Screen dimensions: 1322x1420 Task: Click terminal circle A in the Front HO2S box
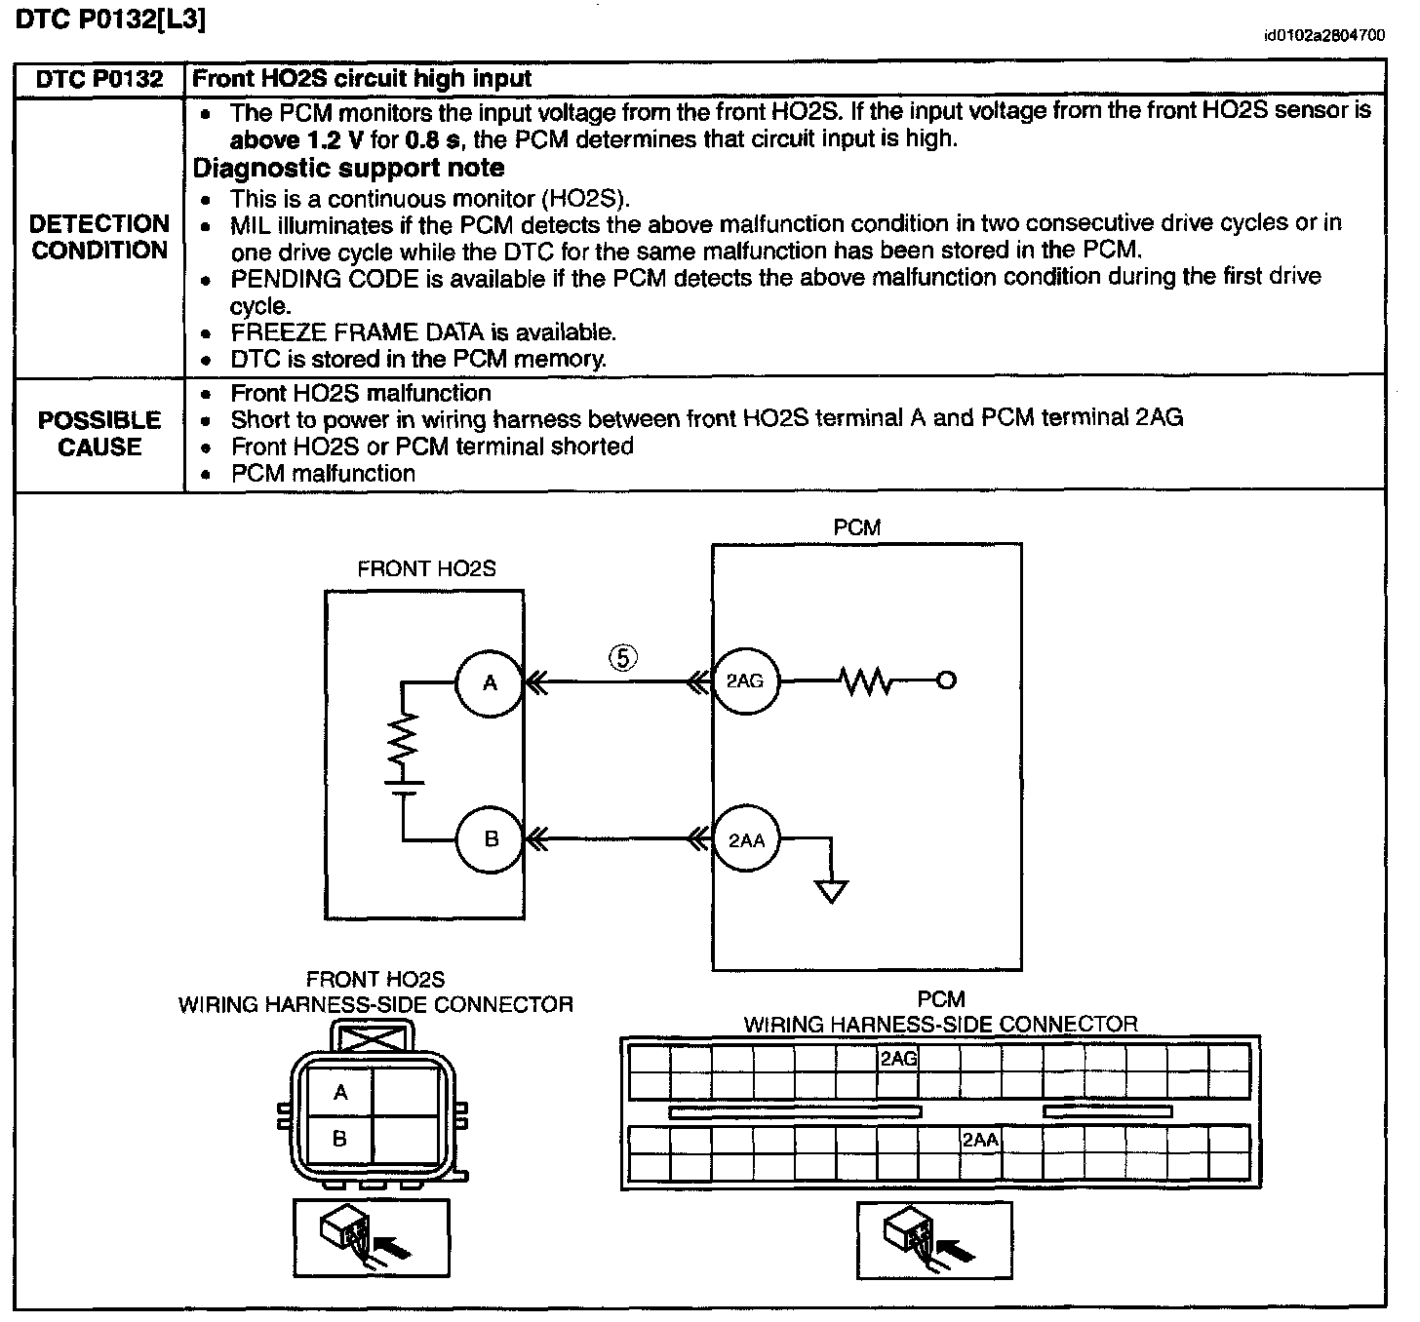[x=490, y=682]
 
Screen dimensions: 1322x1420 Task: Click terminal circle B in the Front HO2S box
[x=491, y=838]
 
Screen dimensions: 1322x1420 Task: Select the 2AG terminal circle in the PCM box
[x=746, y=681]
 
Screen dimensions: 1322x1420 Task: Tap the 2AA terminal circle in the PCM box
[x=747, y=839]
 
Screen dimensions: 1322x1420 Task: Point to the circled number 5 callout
[x=624, y=658]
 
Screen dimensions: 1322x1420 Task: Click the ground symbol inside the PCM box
[x=832, y=890]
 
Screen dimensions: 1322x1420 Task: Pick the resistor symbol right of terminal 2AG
[x=865, y=681]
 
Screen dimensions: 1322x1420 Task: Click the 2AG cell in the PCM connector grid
[x=898, y=1058]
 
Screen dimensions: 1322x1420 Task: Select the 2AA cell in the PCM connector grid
[x=980, y=1140]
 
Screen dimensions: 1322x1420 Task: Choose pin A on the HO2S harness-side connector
[x=340, y=1093]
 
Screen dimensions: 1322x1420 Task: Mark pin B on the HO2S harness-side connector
[x=340, y=1139]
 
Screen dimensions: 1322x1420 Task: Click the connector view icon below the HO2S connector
[x=372, y=1237]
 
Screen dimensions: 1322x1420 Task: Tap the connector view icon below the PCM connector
[x=934, y=1239]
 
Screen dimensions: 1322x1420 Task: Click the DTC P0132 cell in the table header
[x=99, y=80]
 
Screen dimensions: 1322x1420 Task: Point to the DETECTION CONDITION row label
[x=99, y=237]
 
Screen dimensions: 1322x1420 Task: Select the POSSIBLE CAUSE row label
[x=99, y=434]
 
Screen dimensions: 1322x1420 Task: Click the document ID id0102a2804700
[x=1323, y=36]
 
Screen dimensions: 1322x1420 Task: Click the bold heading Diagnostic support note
[x=348, y=168]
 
